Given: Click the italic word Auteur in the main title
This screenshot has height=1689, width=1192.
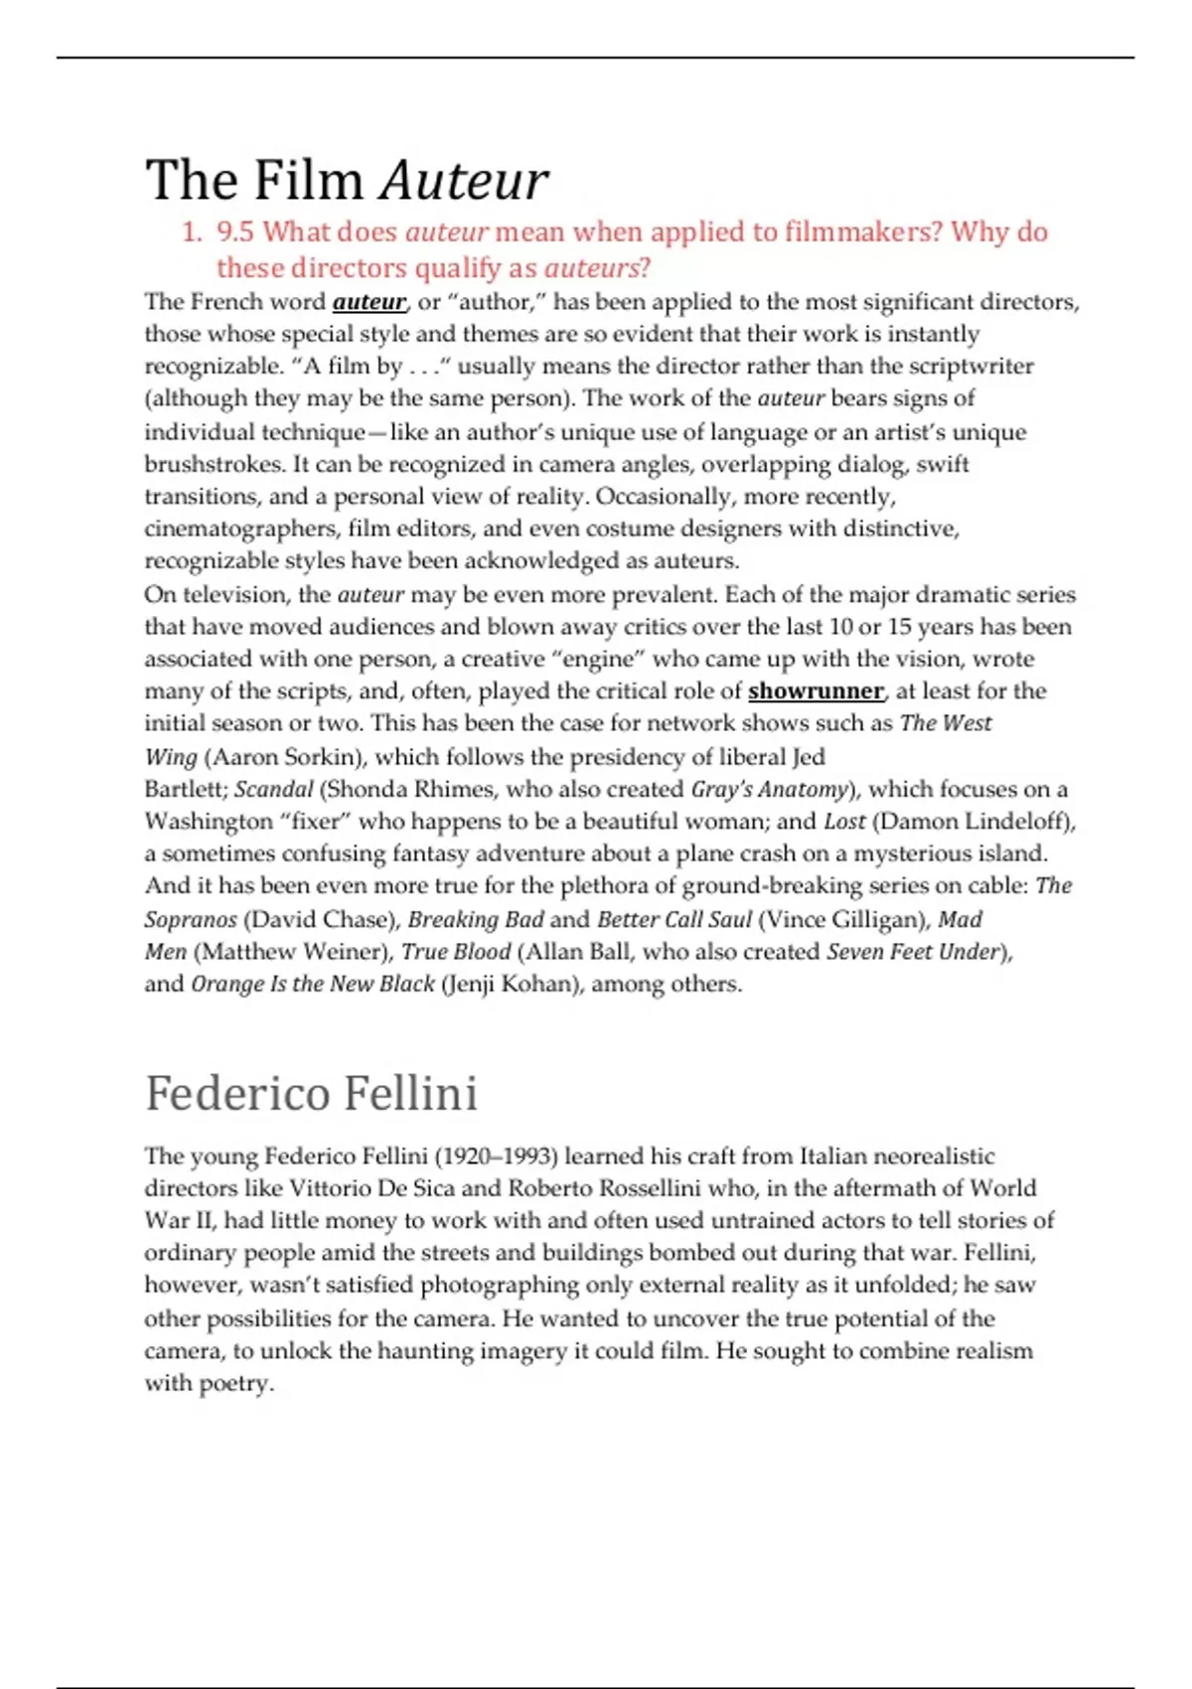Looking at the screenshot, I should [464, 182].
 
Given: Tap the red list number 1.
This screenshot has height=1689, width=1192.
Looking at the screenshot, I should [192, 232].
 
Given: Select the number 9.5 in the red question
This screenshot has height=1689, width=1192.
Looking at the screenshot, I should [235, 232].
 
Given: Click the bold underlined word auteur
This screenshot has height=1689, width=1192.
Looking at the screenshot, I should [369, 302].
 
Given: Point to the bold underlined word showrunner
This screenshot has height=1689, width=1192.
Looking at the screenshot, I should [816, 691].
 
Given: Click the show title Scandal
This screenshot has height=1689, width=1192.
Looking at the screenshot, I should [273, 790].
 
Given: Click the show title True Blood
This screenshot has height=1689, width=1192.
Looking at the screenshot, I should [456, 952].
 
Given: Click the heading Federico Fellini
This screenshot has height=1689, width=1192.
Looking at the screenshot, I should [311, 1093].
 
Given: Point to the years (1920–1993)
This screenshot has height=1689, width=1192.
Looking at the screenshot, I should [497, 1156].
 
